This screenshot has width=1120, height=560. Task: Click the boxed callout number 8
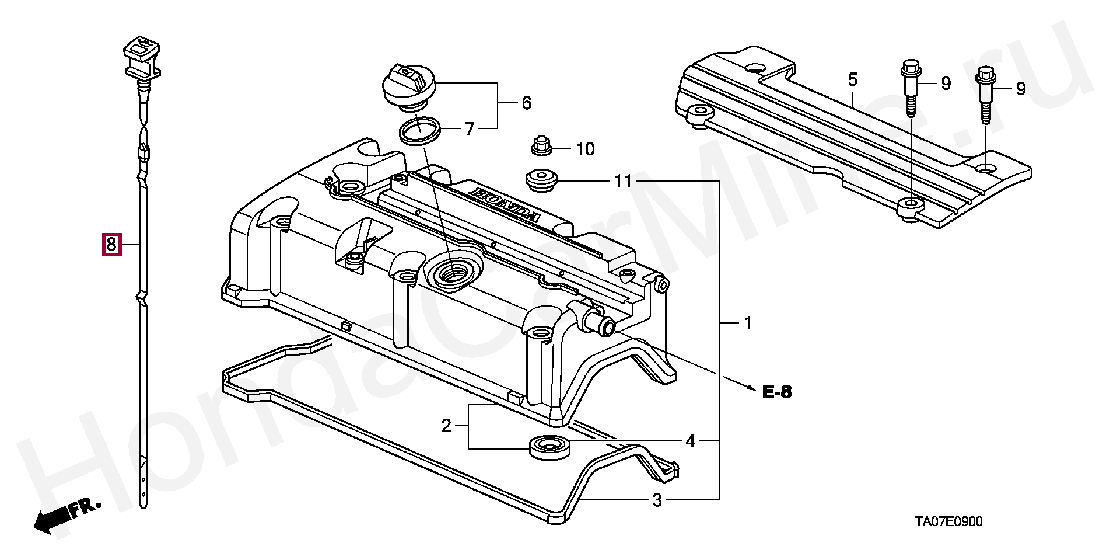pos(111,244)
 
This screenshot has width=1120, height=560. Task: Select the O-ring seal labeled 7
pos(419,130)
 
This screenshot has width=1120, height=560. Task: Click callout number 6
pos(526,103)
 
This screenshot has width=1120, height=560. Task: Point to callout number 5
pos(853,80)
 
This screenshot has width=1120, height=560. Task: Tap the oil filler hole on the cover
pos(453,272)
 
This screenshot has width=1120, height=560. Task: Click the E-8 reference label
pos(777,392)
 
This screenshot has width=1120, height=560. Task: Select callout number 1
pos(748,323)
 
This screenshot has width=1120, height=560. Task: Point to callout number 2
pos(446,426)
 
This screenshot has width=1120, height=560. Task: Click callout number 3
pos(657,500)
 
